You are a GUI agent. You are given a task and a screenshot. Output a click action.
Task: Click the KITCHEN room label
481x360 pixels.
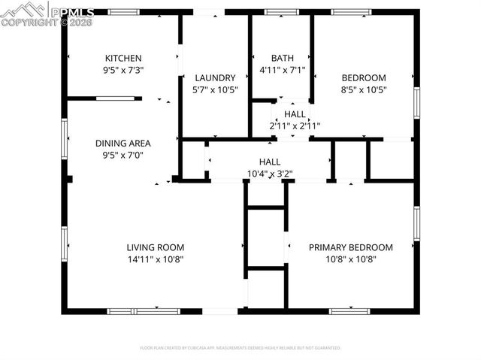coord(123,58)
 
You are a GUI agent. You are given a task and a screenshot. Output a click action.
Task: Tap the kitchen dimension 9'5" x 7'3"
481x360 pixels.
coord(123,69)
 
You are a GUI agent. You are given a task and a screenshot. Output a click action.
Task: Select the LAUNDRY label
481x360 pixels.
coord(216,77)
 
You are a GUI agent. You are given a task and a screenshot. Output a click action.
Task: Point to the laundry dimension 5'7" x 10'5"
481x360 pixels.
coord(216,89)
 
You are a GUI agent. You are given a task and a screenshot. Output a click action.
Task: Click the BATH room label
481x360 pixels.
coord(283,58)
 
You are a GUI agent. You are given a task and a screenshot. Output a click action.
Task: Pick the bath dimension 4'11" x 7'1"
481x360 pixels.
coord(283,69)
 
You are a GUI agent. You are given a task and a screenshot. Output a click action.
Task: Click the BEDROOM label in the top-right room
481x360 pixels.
coord(364,77)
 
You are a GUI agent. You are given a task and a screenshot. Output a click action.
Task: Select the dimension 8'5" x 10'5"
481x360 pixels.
coord(364,89)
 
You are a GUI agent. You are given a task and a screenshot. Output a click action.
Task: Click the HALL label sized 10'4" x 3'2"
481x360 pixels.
coord(270,162)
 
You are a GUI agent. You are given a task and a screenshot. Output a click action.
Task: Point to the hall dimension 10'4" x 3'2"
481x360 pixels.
coord(270,173)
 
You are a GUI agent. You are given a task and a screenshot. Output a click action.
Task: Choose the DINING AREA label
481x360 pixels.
coord(123,143)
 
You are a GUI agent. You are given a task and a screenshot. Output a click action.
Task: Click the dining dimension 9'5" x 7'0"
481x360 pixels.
coord(123,155)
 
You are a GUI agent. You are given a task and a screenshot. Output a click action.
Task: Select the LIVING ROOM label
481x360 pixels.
coord(156,247)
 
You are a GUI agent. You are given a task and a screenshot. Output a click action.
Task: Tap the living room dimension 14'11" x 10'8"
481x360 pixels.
coord(156,259)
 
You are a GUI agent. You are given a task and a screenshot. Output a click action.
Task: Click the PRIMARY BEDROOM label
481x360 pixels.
coord(351,247)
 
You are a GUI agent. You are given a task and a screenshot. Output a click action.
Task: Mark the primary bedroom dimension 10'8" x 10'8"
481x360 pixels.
coord(351,259)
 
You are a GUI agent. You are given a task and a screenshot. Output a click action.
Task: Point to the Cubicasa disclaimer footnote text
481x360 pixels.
coord(240,348)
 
